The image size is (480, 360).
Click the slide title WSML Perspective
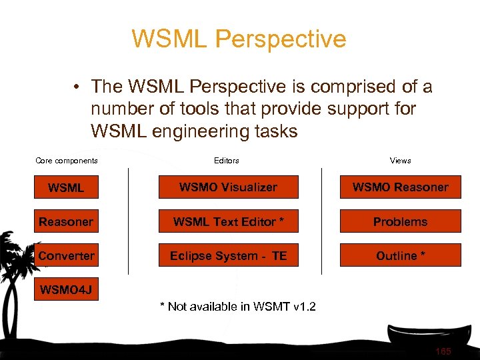(x=239, y=39)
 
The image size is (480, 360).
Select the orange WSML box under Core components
(x=66, y=187)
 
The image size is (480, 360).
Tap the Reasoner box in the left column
(x=66, y=221)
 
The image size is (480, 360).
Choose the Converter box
(x=66, y=255)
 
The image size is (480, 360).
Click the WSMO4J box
(x=66, y=289)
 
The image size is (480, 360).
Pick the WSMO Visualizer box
(x=228, y=187)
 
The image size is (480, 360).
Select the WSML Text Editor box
(x=228, y=221)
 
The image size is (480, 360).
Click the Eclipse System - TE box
(x=228, y=255)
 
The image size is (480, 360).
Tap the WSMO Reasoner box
(x=400, y=187)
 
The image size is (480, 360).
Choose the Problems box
(x=400, y=221)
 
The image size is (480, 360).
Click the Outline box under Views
(x=400, y=255)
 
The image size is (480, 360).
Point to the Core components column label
(x=66, y=160)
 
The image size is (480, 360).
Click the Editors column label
(x=227, y=160)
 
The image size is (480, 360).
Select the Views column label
(x=400, y=160)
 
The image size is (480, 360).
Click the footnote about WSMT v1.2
(x=237, y=307)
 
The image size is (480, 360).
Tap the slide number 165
(x=443, y=351)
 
